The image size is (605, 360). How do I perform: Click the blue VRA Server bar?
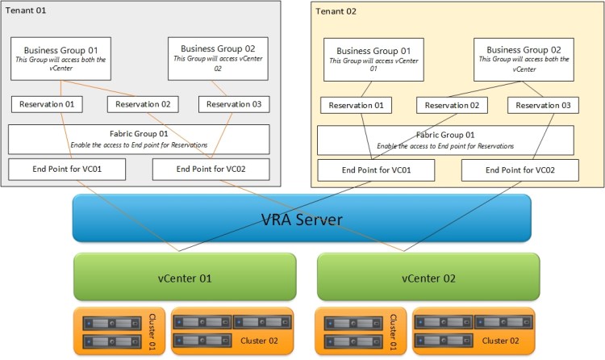pos(302,218)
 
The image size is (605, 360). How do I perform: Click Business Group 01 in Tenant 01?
pos(60,58)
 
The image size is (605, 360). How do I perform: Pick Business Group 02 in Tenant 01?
pos(217,58)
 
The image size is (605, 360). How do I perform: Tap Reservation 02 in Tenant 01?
pos(143,104)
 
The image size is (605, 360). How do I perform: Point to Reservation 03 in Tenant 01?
pos(234,104)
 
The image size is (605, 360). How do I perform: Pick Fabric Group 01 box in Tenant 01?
pos(138,139)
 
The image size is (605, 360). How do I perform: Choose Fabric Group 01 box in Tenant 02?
pos(448,140)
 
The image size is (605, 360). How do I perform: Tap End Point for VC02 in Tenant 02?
pos(519,170)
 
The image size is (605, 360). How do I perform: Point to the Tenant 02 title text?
pos(336,11)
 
